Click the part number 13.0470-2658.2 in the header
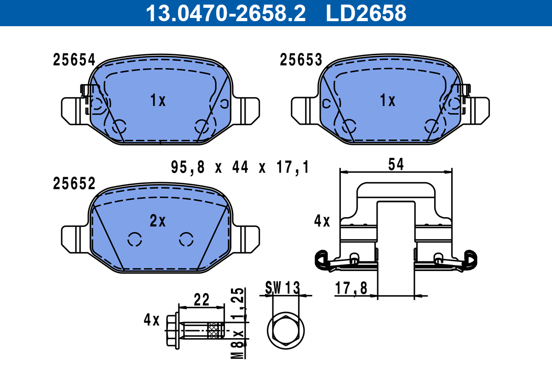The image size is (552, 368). click(225, 13)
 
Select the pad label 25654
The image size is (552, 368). click(74, 60)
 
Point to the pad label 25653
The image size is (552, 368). click(301, 60)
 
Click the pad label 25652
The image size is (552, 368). click(74, 184)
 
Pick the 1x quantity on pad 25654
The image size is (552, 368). click(158, 100)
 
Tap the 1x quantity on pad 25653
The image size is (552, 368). click(387, 100)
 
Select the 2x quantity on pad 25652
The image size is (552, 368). click(158, 222)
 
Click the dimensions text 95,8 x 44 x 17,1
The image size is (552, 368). click(239, 167)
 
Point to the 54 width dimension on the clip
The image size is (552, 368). click(396, 164)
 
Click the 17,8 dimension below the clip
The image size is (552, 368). click(351, 288)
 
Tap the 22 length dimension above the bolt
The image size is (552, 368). click(201, 300)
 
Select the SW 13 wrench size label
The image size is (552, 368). click(282, 288)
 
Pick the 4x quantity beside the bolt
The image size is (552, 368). click(151, 320)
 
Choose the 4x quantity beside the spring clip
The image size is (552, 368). click(322, 222)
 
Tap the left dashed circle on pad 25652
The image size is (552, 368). click(135, 239)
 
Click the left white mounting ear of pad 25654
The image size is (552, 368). click(73, 111)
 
